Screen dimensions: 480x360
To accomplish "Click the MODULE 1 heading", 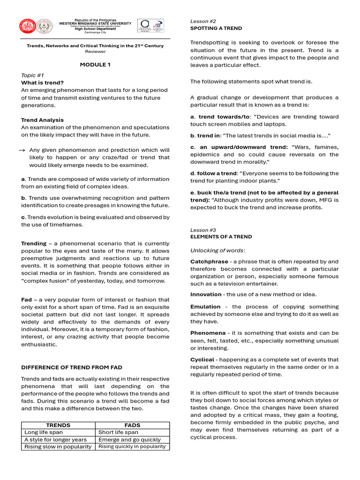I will pos(95,65).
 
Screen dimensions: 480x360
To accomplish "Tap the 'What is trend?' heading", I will pos(42,82).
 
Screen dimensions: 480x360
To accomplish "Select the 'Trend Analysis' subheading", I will pos(42,120).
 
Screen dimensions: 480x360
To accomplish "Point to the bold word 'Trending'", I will pos(34,243).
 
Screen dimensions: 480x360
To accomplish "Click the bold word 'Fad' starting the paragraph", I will pos(26,300).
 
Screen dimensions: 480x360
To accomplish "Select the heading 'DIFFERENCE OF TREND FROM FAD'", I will pos(72,367).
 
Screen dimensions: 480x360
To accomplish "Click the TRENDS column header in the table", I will pos(59,425).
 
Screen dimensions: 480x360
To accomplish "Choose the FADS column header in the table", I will pos(133,425).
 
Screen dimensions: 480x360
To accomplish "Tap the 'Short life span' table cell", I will pos(118,432).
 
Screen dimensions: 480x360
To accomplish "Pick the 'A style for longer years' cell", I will pos(55,440).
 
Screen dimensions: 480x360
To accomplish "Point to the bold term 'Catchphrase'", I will pos(209,262).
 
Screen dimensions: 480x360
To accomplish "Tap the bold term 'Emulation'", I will pos(205,307).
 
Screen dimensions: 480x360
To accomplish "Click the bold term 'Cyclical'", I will pos(202,360).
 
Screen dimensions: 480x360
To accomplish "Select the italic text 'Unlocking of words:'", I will pos(217,250).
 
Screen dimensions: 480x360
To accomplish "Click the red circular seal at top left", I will pos(28,26).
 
